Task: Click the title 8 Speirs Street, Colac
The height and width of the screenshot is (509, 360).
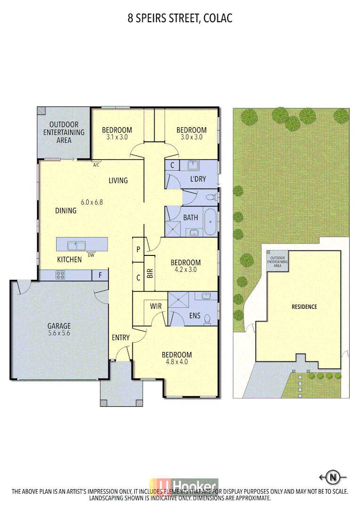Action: click(x=180, y=18)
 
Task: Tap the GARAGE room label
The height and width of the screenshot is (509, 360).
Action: click(x=59, y=326)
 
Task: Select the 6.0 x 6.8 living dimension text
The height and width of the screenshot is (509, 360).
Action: click(x=92, y=202)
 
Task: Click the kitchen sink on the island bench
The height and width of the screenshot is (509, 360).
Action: click(x=76, y=245)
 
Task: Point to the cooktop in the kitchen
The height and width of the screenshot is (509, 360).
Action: click(x=61, y=275)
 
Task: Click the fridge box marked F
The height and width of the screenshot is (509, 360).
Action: click(x=100, y=275)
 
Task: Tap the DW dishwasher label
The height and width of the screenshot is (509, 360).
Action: click(x=91, y=255)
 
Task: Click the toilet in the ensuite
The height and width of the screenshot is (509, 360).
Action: click(x=208, y=320)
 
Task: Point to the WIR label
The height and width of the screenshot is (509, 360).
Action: click(x=156, y=306)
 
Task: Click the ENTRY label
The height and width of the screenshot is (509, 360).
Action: click(x=121, y=337)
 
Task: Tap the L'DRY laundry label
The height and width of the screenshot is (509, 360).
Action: click(x=198, y=179)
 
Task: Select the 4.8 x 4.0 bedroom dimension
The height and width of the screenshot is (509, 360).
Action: click(x=176, y=362)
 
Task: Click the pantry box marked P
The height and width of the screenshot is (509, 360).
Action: click(x=139, y=250)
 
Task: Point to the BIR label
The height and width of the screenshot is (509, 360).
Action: click(x=150, y=273)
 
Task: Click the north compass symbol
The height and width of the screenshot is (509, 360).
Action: click(x=333, y=477)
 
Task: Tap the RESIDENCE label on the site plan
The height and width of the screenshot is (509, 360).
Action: click(x=304, y=307)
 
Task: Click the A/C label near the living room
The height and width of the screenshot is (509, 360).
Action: click(x=96, y=165)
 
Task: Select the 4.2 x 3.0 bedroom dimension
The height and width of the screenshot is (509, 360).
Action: click(x=185, y=270)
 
